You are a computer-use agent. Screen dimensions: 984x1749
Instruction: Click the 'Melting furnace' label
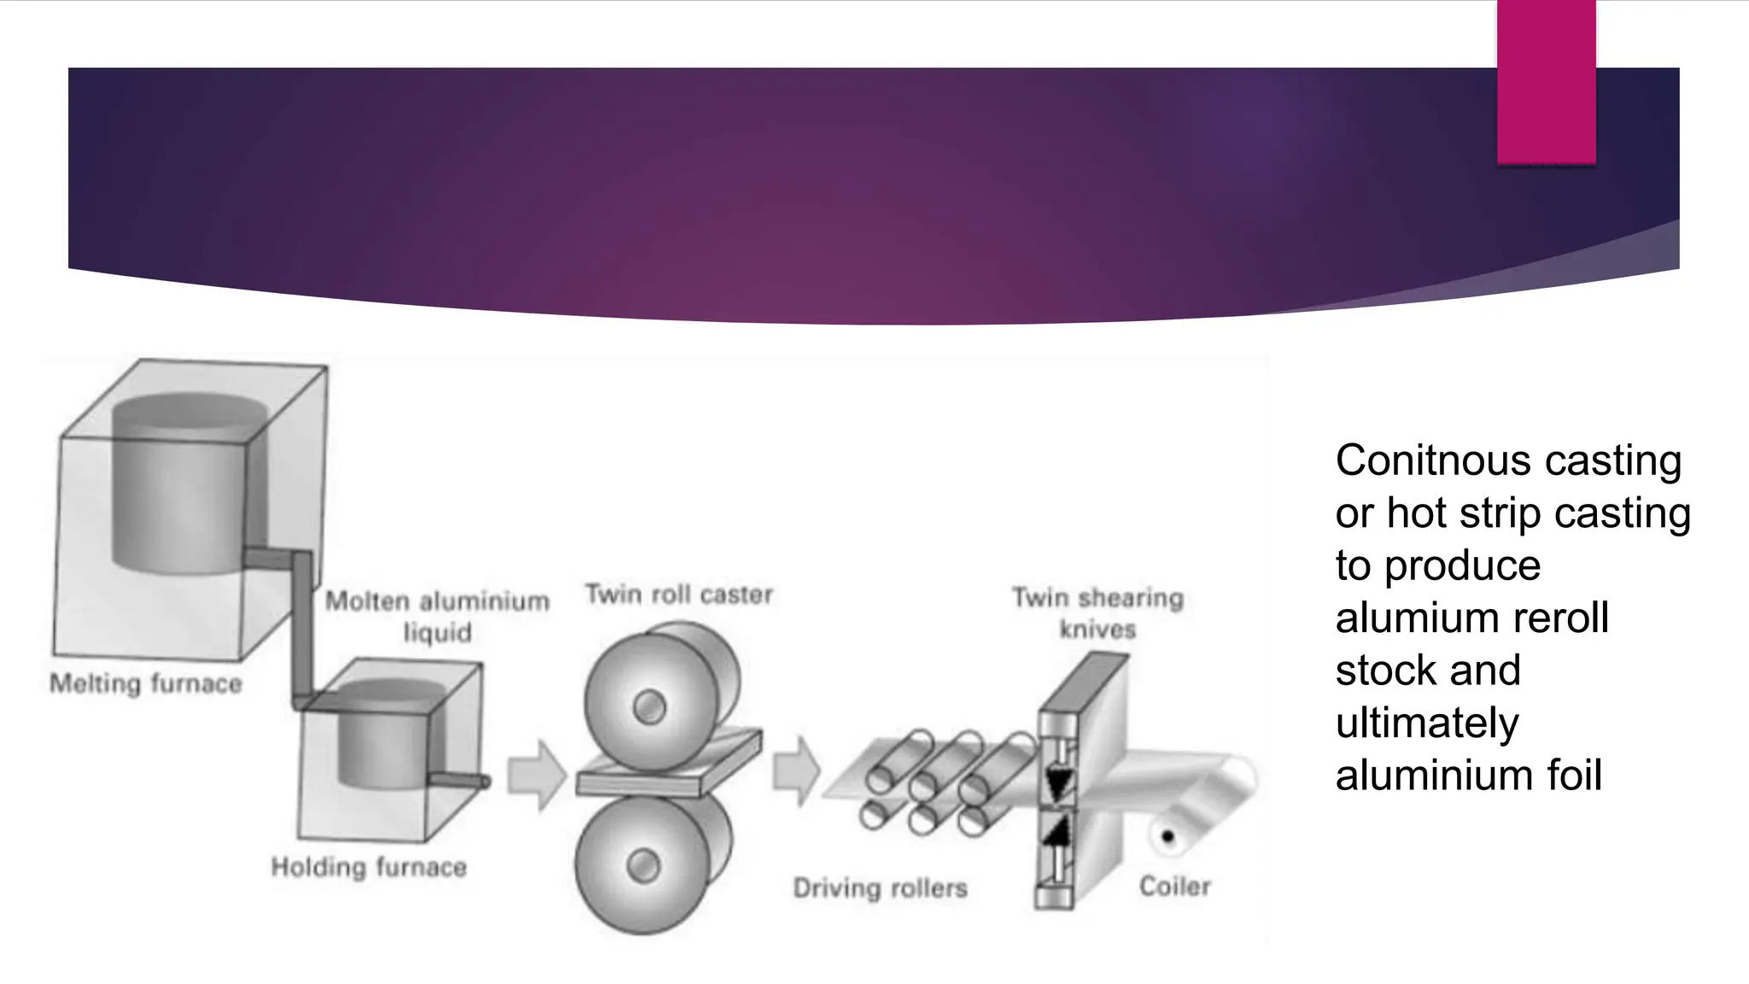point(146,683)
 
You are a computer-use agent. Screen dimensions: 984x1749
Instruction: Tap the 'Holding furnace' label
point(369,867)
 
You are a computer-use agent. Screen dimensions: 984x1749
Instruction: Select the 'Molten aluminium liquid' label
point(437,616)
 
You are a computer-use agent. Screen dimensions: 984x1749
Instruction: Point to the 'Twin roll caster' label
point(679,594)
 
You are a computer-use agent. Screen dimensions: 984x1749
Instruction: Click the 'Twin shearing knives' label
point(1097,612)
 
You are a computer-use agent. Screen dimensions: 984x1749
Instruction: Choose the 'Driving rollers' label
point(880,888)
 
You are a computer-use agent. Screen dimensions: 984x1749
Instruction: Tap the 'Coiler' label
point(1174,887)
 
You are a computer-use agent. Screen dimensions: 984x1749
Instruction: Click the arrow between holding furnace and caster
point(536,775)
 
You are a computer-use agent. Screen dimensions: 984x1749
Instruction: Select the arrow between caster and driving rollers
point(796,770)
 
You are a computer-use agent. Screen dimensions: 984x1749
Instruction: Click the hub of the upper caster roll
point(650,706)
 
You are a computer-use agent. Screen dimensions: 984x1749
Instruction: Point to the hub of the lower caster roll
point(643,866)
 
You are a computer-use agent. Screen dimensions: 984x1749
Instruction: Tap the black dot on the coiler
point(1167,837)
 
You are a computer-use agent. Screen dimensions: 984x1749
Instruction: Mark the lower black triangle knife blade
point(1057,830)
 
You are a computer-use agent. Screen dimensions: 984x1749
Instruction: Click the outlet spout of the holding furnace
point(459,780)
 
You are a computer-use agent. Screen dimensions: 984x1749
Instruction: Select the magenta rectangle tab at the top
point(1546,82)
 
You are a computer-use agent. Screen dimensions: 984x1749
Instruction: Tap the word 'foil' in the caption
point(1574,776)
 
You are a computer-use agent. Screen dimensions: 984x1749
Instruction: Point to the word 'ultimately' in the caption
point(1427,723)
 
